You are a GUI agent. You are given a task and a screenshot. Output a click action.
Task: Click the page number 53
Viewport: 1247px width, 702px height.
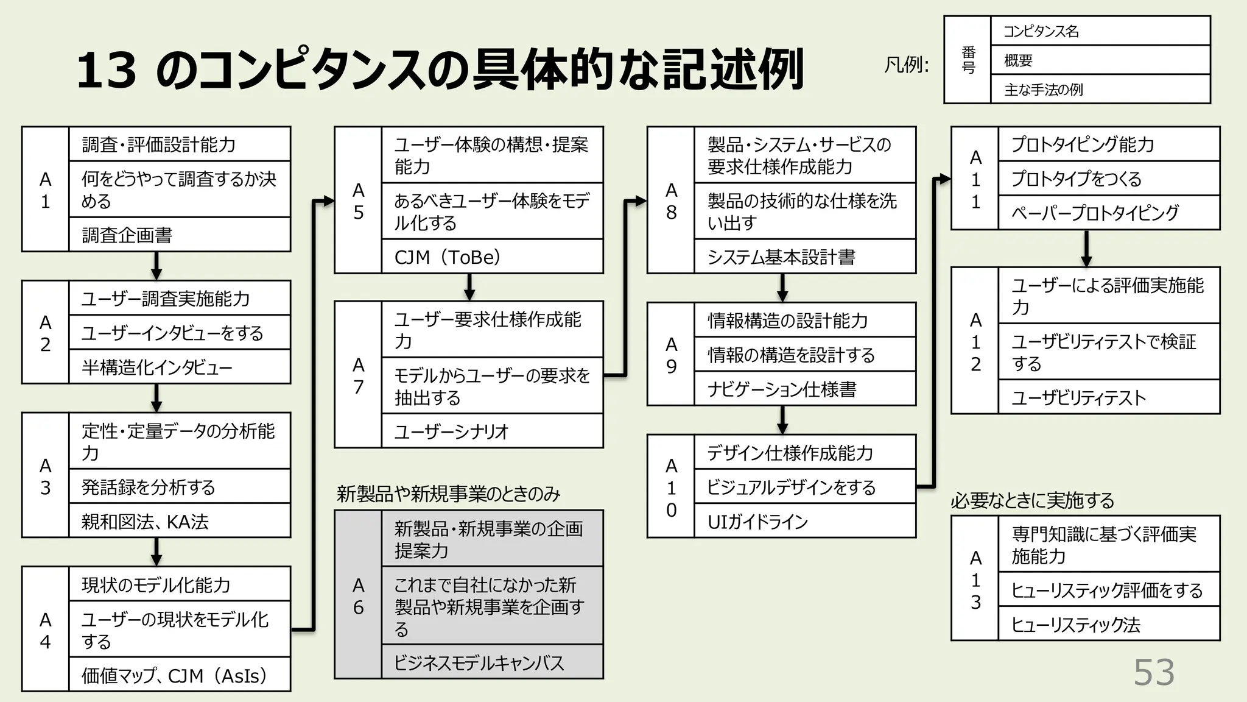(x=1154, y=673)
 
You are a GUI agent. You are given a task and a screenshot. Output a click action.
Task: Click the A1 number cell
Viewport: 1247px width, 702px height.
(x=46, y=190)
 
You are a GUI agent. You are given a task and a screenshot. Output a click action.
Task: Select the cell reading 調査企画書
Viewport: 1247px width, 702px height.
(x=180, y=235)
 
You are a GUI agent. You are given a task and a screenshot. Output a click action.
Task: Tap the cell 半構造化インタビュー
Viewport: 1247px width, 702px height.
(x=180, y=367)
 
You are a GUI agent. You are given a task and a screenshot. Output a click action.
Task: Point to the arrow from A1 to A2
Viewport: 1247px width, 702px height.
(x=156, y=266)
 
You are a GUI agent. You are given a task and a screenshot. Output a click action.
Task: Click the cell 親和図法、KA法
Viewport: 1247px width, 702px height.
(x=180, y=521)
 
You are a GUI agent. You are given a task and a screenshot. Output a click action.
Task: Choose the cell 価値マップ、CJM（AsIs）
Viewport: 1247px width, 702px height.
(x=180, y=675)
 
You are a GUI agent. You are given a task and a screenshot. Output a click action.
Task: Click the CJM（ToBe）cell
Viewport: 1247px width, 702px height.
(x=492, y=257)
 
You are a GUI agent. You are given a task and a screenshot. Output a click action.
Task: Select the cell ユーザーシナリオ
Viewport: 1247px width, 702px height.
(x=492, y=431)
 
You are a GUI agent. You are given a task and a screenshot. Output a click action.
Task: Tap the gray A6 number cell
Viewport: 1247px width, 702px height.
(x=358, y=595)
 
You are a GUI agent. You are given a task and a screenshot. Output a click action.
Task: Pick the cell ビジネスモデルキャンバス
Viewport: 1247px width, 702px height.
(x=492, y=662)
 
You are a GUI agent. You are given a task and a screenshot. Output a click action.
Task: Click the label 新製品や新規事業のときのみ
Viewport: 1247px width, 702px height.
(x=448, y=494)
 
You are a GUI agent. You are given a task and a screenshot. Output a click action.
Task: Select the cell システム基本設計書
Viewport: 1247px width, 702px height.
(x=805, y=257)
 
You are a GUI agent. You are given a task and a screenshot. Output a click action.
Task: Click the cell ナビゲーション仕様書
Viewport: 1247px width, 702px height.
(x=805, y=389)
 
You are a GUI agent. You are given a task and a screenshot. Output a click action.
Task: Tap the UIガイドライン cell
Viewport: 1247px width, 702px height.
(x=805, y=521)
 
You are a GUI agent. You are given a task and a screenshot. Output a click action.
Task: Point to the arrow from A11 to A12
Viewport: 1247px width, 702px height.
(x=1086, y=249)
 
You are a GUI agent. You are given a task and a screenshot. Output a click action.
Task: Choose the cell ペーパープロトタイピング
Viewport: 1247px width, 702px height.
(x=1109, y=213)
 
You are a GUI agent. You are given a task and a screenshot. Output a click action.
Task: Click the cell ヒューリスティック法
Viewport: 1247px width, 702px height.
(x=1109, y=624)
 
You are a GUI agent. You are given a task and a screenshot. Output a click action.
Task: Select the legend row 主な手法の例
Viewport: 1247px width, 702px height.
(x=1100, y=90)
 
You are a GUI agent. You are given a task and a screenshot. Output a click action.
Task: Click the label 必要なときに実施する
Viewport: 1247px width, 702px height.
(x=1033, y=500)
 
